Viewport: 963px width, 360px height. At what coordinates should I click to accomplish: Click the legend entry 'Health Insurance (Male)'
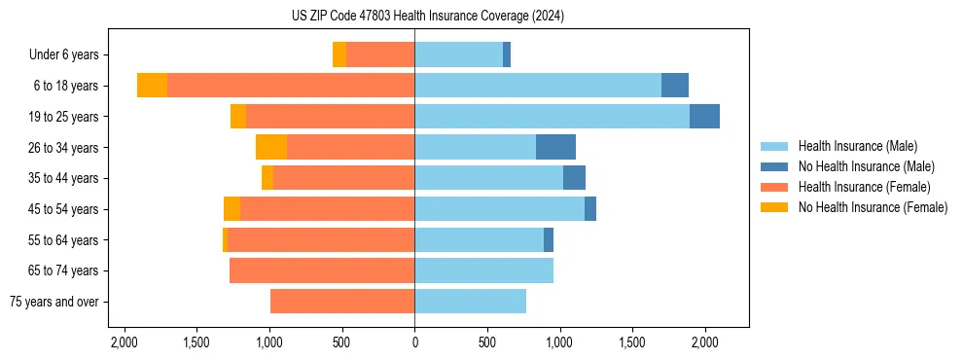(x=857, y=146)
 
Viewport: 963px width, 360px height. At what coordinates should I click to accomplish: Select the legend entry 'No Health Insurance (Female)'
(x=873, y=207)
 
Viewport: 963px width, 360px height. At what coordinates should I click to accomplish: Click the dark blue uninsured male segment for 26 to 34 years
(x=555, y=147)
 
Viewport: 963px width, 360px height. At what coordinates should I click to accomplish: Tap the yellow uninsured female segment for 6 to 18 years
(x=152, y=86)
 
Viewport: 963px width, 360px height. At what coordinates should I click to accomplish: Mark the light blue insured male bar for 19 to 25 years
(x=552, y=117)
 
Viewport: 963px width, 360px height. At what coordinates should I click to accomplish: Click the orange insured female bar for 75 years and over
(x=342, y=302)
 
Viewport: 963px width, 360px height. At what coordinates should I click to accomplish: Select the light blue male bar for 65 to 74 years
(x=483, y=270)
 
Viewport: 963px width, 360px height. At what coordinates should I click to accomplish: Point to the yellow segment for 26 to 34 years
(x=271, y=147)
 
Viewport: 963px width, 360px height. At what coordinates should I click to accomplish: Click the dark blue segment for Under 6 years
(x=507, y=55)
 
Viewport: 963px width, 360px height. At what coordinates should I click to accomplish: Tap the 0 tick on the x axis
(x=414, y=342)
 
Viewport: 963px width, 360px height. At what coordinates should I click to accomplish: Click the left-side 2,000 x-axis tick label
(x=124, y=342)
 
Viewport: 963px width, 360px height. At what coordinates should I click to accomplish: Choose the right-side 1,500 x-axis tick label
(x=632, y=342)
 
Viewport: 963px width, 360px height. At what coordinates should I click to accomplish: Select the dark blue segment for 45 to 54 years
(x=590, y=209)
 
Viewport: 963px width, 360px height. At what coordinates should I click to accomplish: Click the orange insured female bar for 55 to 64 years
(x=321, y=240)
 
